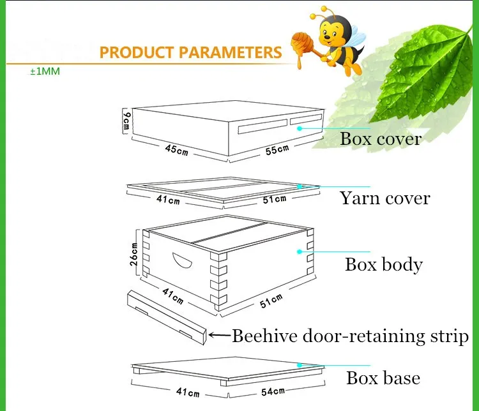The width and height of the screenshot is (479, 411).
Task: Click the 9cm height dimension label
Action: coord(126,121)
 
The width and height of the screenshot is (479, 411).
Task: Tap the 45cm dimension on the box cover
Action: coord(176,149)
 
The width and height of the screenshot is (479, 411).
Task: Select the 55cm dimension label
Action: coord(277,149)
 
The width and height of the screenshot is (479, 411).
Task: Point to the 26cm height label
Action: coord(134,255)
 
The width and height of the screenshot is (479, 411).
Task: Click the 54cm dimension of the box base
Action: coord(273,391)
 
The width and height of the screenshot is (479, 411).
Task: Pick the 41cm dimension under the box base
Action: coord(188,392)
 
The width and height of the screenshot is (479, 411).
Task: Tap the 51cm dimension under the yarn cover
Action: coord(275,199)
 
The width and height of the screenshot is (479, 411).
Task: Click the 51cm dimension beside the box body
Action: coord(271,301)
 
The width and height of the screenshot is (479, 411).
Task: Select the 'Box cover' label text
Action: coord(381,138)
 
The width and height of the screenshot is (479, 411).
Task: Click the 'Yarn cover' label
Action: coord(385,198)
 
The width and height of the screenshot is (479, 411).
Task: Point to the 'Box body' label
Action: coord(384,264)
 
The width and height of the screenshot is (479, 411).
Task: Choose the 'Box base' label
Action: coord(383,378)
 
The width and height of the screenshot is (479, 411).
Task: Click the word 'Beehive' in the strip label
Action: coord(265,336)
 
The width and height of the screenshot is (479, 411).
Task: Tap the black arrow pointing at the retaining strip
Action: coord(219,335)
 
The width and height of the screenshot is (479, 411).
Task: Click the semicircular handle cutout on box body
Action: coord(182,260)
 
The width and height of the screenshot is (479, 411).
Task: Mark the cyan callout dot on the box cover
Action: coord(300,128)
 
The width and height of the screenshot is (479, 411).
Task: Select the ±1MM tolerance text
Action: coord(45,71)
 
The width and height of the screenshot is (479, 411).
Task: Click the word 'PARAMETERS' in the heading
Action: coord(231,52)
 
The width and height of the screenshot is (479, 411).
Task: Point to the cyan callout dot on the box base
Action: coord(300,365)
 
